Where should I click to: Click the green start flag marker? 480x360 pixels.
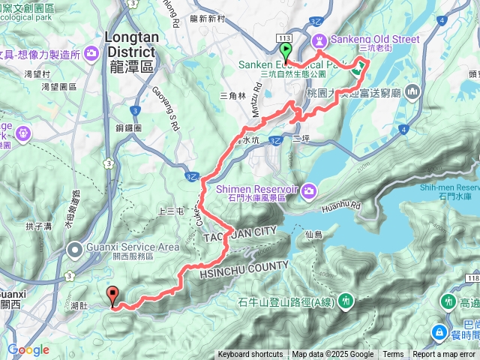pyautogui.click(x=285, y=51)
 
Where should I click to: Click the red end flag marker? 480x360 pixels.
pyautogui.click(x=112, y=295)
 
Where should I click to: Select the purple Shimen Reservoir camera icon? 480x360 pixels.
pyautogui.click(x=308, y=192)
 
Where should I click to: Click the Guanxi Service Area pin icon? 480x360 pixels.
pyautogui.click(x=73, y=248)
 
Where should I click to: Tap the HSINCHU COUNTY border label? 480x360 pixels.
pyautogui.click(x=244, y=271)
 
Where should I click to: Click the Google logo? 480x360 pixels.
pyautogui.click(x=28, y=350)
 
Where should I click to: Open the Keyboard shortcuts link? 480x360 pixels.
pyautogui.click(x=250, y=355)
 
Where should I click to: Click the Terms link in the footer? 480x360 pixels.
pyautogui.click(x=393, y=355)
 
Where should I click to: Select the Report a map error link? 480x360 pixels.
pyautogui.click(x=444, y=355)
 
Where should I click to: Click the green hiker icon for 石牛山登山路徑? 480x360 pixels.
pyautogui.click(x=346, y=301)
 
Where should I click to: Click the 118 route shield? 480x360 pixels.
pyautogui.click(x=471, y=279)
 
